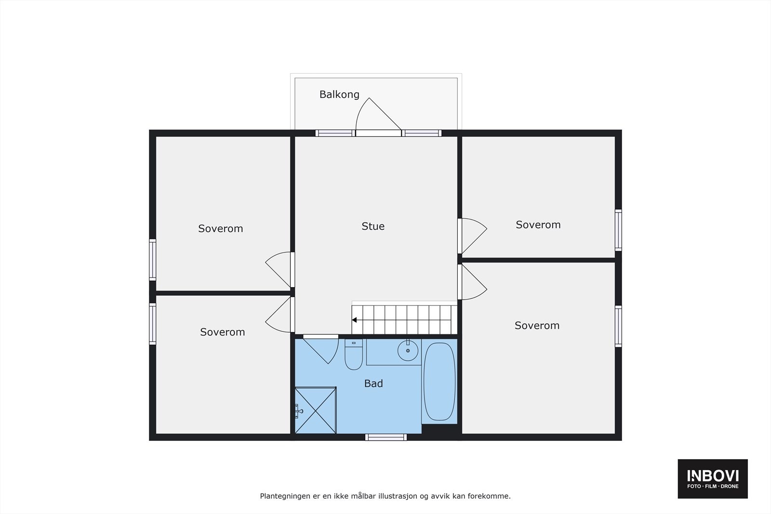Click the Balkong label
[339, 94]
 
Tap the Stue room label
[373, 226]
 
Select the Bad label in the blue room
[373, 383]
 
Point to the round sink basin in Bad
[408, 350]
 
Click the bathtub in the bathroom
[439, 382]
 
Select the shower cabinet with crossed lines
[316, 410]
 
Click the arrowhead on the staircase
[355, 320]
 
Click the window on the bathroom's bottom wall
[385, 437]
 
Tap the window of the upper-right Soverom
[618, 230]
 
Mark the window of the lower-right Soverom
[618, 326]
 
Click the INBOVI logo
[713, 479]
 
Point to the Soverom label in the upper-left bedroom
[221, 228]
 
